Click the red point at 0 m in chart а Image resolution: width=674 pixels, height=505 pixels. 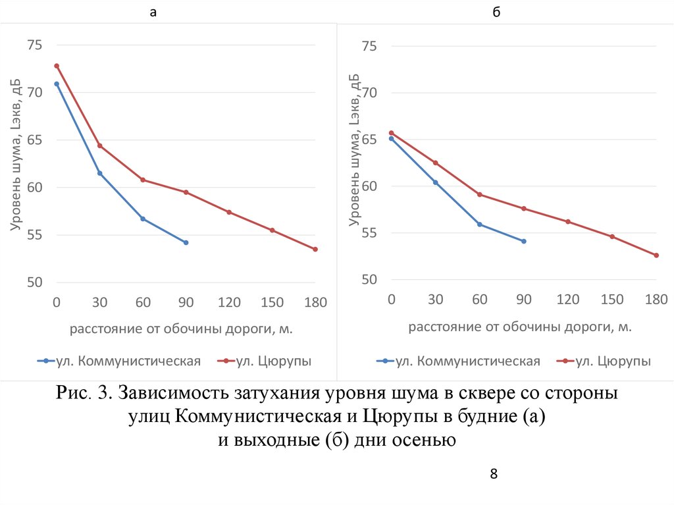point(57,66)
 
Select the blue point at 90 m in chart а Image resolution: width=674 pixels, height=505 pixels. point(186,243)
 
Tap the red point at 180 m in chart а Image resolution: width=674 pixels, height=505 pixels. point(315,249)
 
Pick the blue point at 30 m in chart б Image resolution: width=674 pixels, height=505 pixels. point(435,182)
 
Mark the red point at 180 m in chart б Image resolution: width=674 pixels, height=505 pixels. point(656,255)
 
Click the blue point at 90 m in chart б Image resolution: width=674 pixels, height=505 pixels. point(524,242)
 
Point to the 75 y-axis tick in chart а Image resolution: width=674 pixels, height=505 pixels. point(34,45)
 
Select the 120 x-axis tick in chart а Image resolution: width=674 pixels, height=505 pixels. point(229,303)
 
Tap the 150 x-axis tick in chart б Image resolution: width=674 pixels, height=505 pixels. point(612,300)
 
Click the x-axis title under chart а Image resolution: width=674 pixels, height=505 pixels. point(181,328)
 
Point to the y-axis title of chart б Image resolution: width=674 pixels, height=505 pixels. point(355,149)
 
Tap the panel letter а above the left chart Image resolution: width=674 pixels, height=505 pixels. point(153,12)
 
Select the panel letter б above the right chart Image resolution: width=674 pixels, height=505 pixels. point(495,12)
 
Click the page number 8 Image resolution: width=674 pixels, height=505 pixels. point(493,474)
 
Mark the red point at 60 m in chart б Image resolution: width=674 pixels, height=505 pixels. point(480,194)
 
